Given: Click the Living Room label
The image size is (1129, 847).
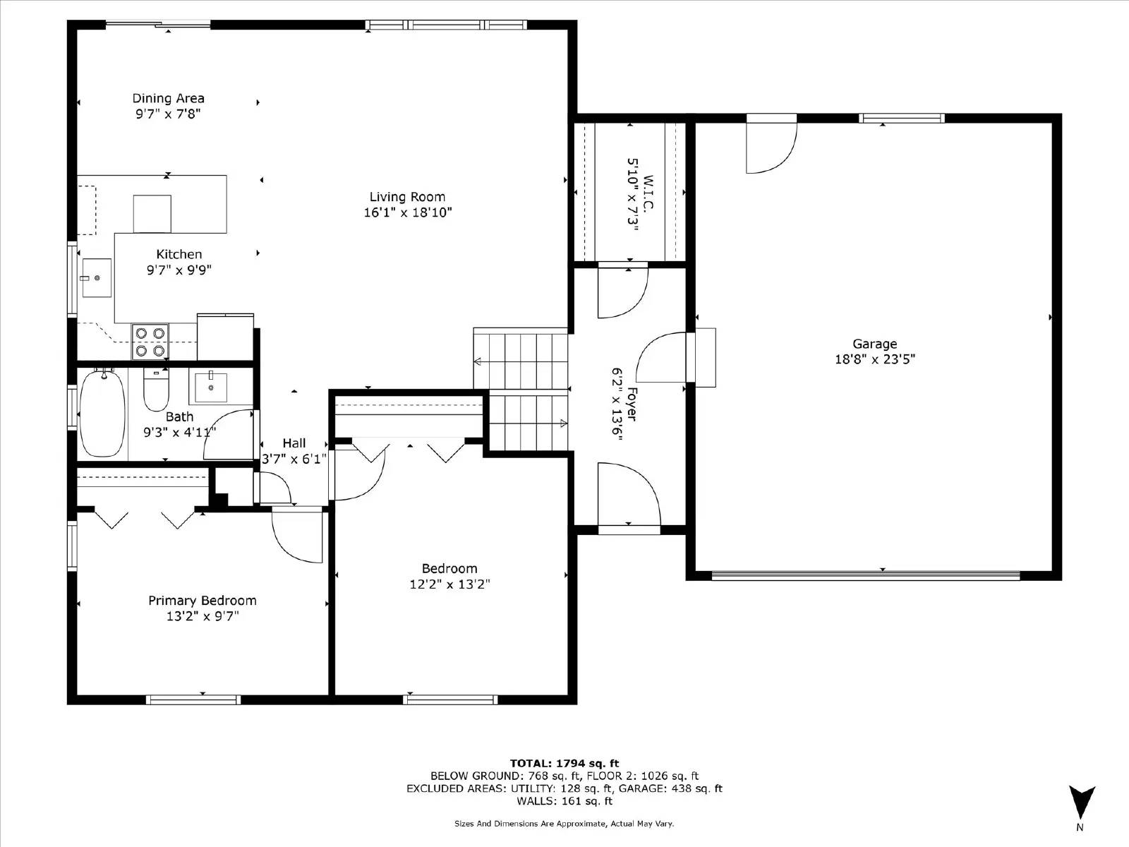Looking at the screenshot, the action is [x=407, y=197].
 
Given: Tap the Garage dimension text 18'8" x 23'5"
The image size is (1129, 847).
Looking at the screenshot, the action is [x=875, y=359].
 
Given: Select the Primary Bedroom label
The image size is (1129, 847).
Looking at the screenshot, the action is [x=202, y=601].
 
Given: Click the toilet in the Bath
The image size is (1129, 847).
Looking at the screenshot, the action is [x=157, y=390].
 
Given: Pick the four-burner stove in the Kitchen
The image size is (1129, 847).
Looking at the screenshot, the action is [x=150, y=342].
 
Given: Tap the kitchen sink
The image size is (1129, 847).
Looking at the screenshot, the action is [x=97, y=277].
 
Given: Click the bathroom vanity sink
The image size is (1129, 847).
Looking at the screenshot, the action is [x=211, y=388].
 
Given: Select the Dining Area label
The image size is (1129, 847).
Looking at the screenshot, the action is [x=168, y=98].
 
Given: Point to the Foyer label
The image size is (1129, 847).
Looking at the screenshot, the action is [x=632, y=404].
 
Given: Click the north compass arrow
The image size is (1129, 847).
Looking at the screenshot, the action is [x=1082, y=803].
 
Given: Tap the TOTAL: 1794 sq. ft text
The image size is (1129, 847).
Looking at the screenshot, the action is [x=564, y=763].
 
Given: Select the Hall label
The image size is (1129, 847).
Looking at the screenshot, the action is [x=294, y=443].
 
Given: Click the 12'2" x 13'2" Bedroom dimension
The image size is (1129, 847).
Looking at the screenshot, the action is [x=449, y=584].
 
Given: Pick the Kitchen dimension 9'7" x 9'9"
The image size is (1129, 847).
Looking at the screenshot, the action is [x=179, y=270].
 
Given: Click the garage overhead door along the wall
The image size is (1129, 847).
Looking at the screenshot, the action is [x=866, y=576].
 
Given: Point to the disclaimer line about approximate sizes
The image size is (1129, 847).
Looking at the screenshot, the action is [x=564, y=824].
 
